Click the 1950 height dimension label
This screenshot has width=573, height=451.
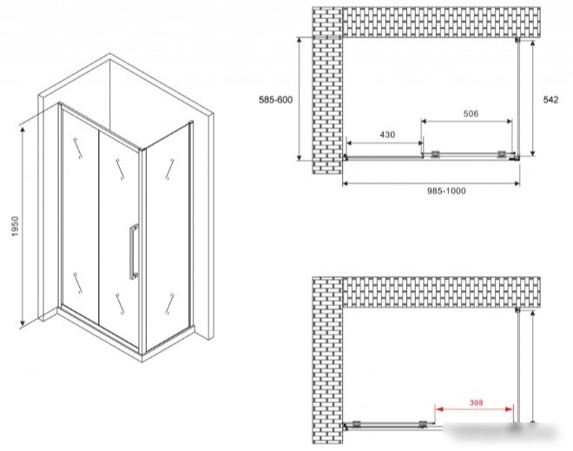pos(15,227)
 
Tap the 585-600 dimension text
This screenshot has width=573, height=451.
pos(276,100)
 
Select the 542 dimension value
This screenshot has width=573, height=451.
pos(550,100)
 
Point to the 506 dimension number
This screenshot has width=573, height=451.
pos(471,114)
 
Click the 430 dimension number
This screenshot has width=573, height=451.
pos(387,135)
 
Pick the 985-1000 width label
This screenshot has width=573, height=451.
pos(446,191)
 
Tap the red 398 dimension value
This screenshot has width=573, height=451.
pos(476,402)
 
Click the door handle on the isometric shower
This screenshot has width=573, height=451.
pos(134,252)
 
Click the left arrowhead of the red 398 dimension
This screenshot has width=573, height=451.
pos(438,409)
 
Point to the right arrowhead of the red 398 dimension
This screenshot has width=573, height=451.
pos(510,409)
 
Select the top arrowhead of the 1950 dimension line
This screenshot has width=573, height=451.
pos(23,129)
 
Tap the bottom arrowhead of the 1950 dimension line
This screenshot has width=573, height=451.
pos(23,322)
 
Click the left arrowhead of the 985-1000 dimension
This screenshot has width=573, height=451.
pos(346,183)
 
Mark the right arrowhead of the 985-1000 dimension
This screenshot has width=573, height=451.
pos(516,183)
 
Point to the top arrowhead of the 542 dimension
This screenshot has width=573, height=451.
pos(533,43)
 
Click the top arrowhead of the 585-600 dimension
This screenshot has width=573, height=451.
pos(300,41)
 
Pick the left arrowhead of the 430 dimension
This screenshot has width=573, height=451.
pos(350,143)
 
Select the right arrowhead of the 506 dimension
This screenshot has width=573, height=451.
pos(508,122)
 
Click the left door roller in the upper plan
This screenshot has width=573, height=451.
pos(435,155)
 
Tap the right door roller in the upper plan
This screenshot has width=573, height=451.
pos(502,155)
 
